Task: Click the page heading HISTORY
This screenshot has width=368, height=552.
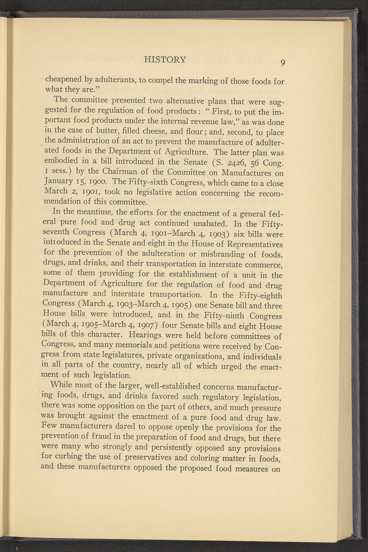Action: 166,60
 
